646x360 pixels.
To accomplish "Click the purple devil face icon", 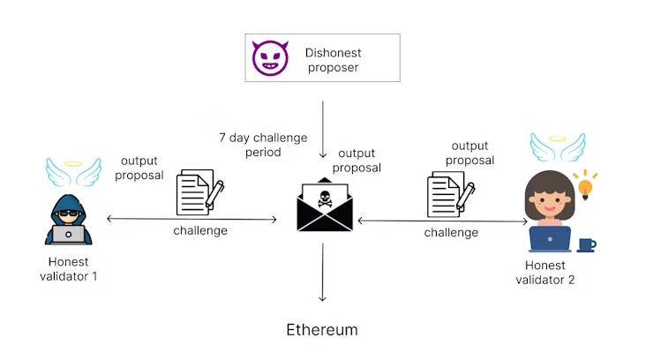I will [x=270, y=57].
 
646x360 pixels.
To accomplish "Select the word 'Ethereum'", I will [x=322, y=330].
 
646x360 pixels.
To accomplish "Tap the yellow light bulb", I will [x=583, y=185].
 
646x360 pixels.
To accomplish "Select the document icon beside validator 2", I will [x=448, y=193].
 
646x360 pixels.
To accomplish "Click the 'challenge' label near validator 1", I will [x=199, y=230].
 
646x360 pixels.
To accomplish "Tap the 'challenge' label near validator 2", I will [x=451, y=233].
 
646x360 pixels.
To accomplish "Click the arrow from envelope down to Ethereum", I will [x=323, y=273].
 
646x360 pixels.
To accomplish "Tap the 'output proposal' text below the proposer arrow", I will [x=359, y=161].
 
